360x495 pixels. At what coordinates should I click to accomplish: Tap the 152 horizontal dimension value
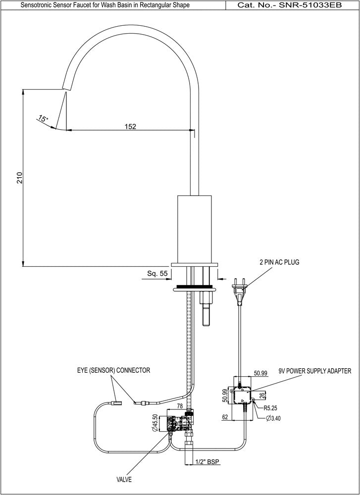click(x=130, y=126)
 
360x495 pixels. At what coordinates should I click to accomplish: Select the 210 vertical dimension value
click(x=19, y=178)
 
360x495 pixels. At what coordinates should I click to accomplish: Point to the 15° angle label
click(x=43, y=119)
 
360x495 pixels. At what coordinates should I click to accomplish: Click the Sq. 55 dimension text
click(x=157, y=273)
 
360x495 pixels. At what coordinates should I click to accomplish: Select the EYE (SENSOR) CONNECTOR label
click(x=113, y=370)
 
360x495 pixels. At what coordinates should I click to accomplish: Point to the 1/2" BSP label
click(x=206, y=462)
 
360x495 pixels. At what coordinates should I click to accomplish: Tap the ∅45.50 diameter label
click(x=155, y=423)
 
